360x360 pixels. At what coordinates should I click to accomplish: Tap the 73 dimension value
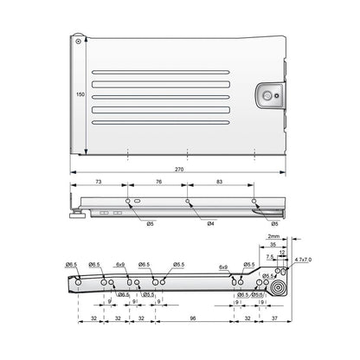100,183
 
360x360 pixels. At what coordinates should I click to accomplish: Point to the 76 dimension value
157,183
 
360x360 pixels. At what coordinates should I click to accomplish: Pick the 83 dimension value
222,183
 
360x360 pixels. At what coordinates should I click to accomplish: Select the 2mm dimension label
273,235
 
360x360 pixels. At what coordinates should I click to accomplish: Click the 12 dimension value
281,252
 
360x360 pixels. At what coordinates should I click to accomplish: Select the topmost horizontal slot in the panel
164,67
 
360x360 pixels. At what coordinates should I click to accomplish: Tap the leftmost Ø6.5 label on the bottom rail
73,265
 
